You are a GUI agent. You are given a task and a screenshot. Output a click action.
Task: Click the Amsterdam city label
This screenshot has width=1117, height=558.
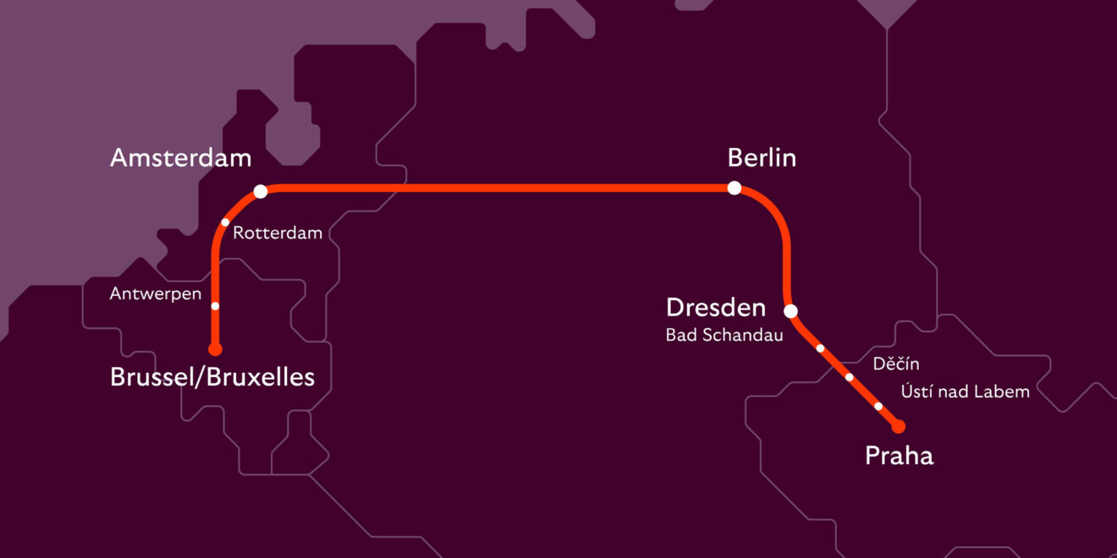coord(180,158)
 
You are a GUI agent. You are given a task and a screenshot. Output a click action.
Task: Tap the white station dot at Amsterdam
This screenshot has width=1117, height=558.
coord(261,191)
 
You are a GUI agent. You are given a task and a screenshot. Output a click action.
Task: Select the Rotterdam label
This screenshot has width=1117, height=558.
coord(278,233)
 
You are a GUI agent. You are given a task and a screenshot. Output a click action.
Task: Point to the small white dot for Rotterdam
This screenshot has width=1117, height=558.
coord(225,222)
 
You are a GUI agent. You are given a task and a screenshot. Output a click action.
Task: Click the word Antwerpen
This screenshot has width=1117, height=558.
coord(156,294)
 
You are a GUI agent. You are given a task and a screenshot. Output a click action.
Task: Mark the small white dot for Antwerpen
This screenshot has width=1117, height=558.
coord(215,306)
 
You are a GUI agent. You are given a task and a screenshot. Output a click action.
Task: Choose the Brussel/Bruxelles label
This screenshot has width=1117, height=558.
coord(212,377)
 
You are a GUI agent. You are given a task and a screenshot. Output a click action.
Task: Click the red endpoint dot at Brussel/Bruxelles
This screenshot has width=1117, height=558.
coord(215,348)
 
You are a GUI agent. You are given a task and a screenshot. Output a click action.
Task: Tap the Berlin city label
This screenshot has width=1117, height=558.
coord(762,158)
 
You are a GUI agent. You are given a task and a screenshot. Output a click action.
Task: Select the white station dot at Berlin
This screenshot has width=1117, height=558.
coord(735,188)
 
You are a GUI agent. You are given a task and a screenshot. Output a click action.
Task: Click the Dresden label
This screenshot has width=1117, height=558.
coord(716,308)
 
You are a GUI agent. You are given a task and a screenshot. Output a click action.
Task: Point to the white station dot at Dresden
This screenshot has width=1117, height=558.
coord(790,311)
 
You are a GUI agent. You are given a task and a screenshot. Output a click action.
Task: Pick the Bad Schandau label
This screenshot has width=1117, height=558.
coord(724,336)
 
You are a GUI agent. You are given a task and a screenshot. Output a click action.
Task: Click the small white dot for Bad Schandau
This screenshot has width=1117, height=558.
coord(820,347)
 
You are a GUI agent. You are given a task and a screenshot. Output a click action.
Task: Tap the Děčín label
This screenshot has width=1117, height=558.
coord(895,364)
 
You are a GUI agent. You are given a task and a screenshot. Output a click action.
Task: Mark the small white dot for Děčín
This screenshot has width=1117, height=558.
coord(850,377)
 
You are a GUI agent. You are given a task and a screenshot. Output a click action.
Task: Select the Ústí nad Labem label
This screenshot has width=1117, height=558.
coord(965,391)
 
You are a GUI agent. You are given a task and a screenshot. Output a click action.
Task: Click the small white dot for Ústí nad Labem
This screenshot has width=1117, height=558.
coord(878,407)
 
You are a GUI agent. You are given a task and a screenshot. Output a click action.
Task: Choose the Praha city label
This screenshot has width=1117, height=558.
coord(899,457)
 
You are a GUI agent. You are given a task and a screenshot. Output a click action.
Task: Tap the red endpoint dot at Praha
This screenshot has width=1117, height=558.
coord(899,426)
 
